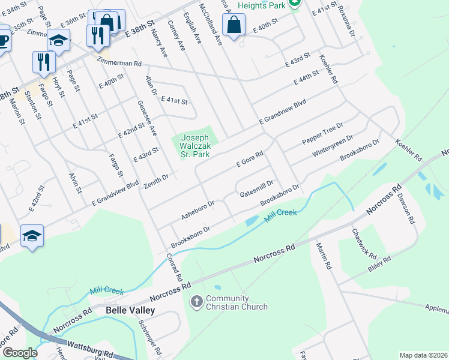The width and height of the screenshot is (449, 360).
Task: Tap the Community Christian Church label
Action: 237,303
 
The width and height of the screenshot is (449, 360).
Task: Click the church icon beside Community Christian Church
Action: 196,301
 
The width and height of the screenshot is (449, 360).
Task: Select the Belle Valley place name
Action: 130,311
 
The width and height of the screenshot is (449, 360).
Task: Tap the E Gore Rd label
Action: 250,159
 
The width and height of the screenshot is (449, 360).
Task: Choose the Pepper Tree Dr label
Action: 322,133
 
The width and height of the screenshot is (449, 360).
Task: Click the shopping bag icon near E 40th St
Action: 234,25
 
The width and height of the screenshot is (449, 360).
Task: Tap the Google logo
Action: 19,353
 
